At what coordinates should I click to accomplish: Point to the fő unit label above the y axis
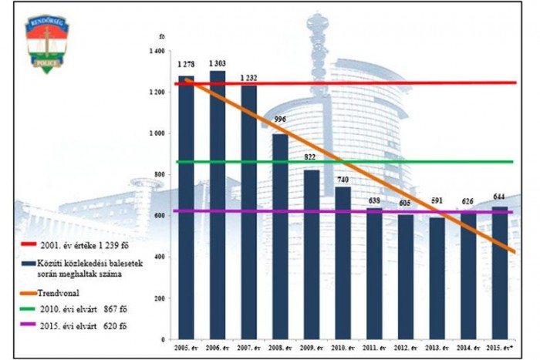click(x=161, y=35)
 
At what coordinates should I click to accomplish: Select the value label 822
click(x=311, y=156)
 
